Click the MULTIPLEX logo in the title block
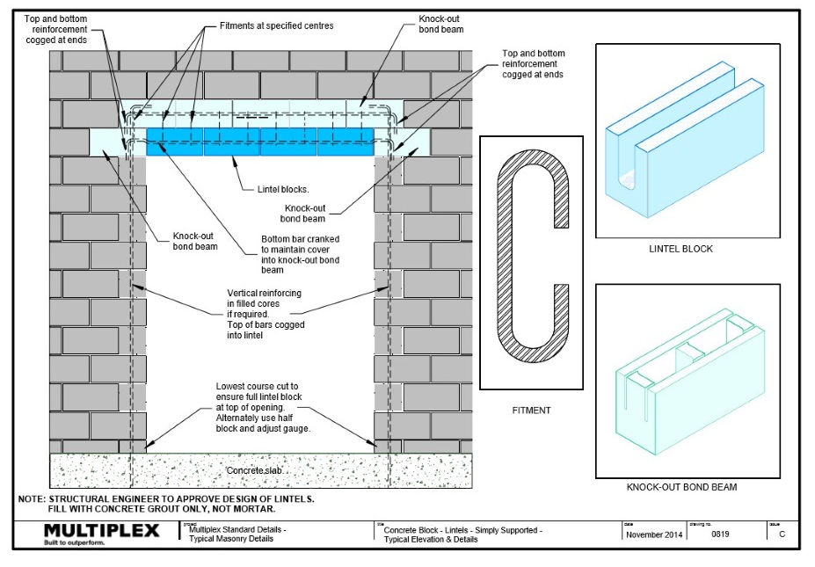click(x=101, y=530)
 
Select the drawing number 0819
click(x=719, y=534)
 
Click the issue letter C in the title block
click(x=782, y=534)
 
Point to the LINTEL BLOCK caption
click(x=687, y=249)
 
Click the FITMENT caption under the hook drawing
click(x=531, y=410)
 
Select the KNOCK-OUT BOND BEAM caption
click(x=687, y=486)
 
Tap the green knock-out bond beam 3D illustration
click(x=688, y=378)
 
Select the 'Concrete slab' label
click(x=257, y=471)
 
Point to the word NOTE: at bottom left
click(x=32, y=499)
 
